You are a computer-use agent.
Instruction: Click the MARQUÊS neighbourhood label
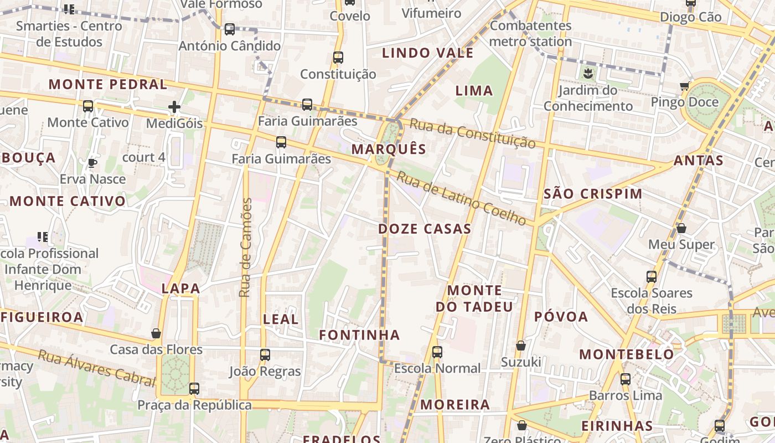(x=389, y=149)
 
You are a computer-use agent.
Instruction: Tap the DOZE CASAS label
(x=425, y=229)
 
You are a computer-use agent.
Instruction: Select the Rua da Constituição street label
(x=472, y=133)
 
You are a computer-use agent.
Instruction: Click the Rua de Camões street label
(x=246, y=248)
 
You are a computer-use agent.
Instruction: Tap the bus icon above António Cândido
(x=229, y=29)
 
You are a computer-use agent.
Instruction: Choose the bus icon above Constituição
(x=338, y=57)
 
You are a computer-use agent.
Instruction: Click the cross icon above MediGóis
(x=174, y=107)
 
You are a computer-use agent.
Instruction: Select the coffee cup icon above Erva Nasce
(x=92, y=163)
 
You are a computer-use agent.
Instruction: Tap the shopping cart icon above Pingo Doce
(x=685, y=86)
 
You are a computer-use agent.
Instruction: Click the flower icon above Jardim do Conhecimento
(x=587, y=73)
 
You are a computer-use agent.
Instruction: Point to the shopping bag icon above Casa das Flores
(x=156, y=333)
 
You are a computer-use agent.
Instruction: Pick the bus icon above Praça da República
(x=194, y=389)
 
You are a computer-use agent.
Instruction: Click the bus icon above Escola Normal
(x=437, y=352)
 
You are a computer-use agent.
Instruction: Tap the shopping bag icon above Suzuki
(x=521, y=346)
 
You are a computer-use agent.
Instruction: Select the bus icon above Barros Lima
(x=626, y=379)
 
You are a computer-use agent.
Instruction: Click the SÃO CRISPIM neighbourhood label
(x=593, y=194)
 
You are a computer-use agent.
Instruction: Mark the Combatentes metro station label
(x=530, y=33)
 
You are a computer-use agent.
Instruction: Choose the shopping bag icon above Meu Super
(x=681, y=228)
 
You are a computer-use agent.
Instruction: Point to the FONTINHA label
(x=359, y=334)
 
